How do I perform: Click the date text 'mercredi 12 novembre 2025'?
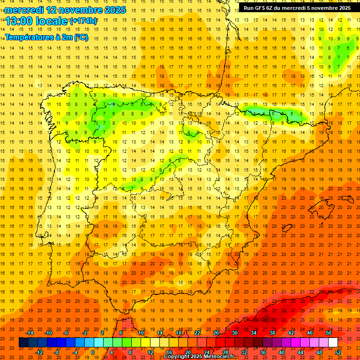(x=66, y=10)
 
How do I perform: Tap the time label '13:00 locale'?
(x=37, y=21)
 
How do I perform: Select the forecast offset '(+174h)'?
(x=83, y=21)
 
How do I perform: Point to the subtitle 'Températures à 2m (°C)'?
(x=46, y=37)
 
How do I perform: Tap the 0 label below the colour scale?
(x=93, y=352)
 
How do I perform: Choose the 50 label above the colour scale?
(x=328, y=333)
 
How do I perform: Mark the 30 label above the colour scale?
(x=234, y=333)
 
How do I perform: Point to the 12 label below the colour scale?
(x=150, y=352)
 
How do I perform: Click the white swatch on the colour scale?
(x=333, y=343)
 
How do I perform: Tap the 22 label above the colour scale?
(x=197, y=333)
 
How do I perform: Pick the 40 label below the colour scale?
(x=282, y=352)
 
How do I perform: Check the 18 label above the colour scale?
(x=179, y=333)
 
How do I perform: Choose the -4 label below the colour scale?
(x=75, y=352)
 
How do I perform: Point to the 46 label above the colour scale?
(x=310, y=333)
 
